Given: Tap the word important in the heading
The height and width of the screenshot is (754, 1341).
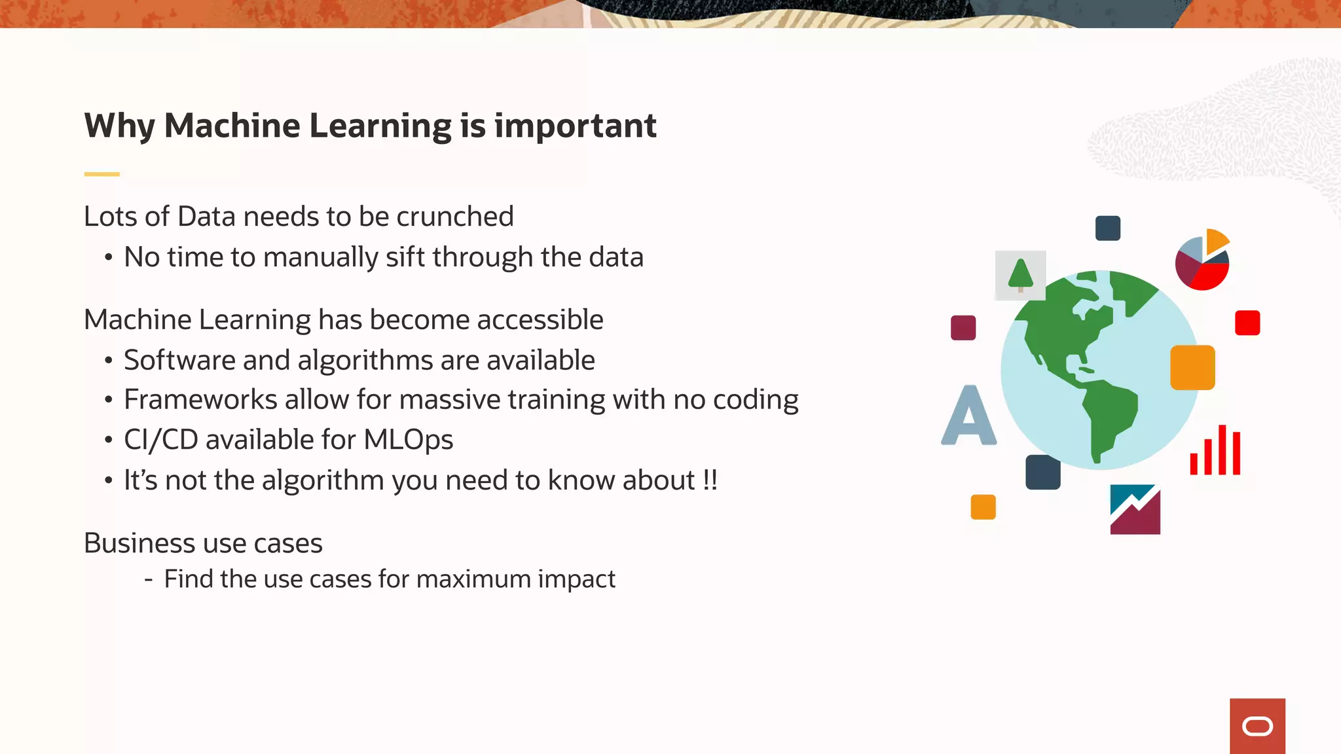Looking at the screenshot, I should coord(575,126).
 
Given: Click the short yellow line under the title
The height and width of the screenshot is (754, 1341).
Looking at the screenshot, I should coord(101,174).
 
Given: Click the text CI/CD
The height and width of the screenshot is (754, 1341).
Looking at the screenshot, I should coord(160,440).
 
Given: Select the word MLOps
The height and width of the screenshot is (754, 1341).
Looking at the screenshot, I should coord(408,440).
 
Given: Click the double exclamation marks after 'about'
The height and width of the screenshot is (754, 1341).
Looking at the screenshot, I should coord(710,480).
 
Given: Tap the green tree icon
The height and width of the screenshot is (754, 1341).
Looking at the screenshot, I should coord(1020,275).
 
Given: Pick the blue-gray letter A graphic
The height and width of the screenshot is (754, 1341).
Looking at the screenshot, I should coord(969,416).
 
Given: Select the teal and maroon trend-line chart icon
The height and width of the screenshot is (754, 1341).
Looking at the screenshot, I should coord(1135,509).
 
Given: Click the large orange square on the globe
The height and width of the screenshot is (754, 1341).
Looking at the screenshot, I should coord(1192,368).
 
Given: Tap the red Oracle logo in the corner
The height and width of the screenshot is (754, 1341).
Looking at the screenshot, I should coord(1257,726).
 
